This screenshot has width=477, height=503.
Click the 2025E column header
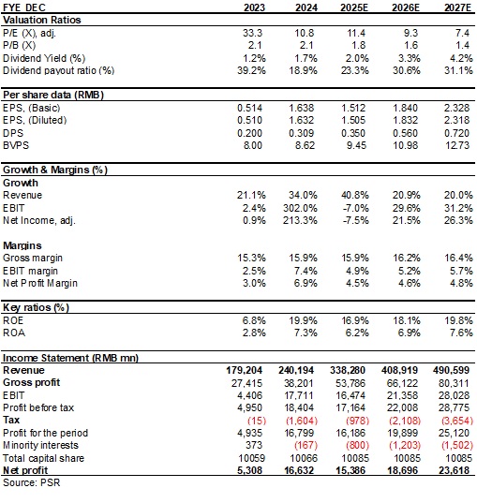tap(354, 7)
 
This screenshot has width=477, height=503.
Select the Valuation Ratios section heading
tap(42, 20)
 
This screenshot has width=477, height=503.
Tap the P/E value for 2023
tap(252, 33)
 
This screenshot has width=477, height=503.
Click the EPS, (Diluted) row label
tap(35, 120)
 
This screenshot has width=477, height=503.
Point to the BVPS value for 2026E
tap(406, 145)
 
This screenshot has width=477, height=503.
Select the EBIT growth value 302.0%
tap(300, 208)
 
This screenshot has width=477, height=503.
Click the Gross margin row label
tap(33, 258)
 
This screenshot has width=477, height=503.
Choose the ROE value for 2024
tap(303, 320)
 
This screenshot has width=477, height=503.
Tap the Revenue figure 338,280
tap(348, 370)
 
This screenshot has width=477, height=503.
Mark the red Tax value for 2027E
tap(457, 421)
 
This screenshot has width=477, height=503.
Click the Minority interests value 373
tap(254, 445)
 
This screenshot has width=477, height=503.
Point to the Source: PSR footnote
tap(32, 482)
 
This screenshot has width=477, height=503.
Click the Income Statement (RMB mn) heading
tap(70, 358)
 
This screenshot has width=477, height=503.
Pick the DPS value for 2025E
tap(353, 133)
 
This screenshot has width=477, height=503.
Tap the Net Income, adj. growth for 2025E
tap(355, 220)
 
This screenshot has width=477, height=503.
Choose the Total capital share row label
tap(43, 458)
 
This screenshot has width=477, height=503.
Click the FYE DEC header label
tap(24, 7)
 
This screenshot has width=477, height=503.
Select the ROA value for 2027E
tap(461, 333)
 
